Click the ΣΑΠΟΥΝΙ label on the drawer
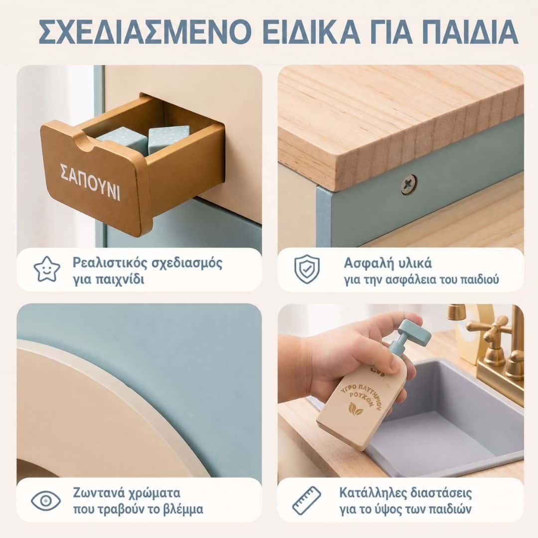[90, 182]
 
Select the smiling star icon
[47, 269]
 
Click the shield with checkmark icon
[307, 269]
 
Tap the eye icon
[46, 501]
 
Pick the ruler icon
[306, 501]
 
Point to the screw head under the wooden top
[409, 185]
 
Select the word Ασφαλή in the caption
[366, 264]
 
